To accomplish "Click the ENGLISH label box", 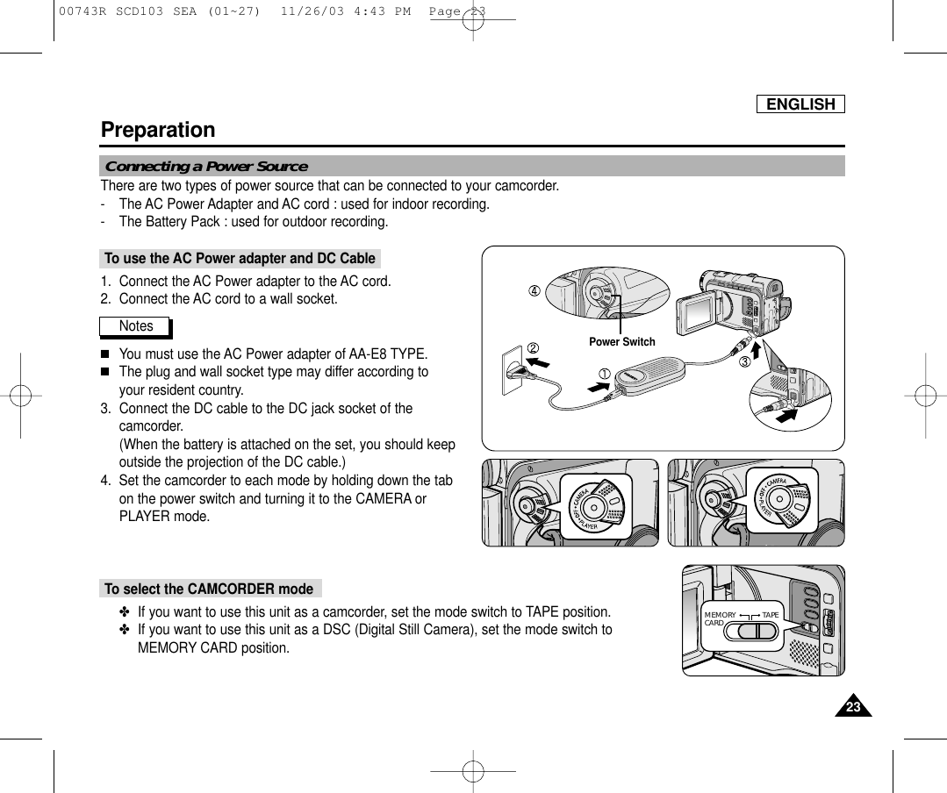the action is tap(800, 104).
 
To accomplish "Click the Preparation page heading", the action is tap(158, 130).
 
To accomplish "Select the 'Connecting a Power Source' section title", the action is tap(206, 167).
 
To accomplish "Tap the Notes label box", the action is tap(135, 326).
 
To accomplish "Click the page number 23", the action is tap(850, 708).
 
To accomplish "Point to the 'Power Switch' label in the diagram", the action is tap(621, 341).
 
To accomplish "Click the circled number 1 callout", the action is tap(605, 375).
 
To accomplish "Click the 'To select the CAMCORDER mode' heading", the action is tap(208, 588).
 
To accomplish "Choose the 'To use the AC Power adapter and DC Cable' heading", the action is tap(239, 258).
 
